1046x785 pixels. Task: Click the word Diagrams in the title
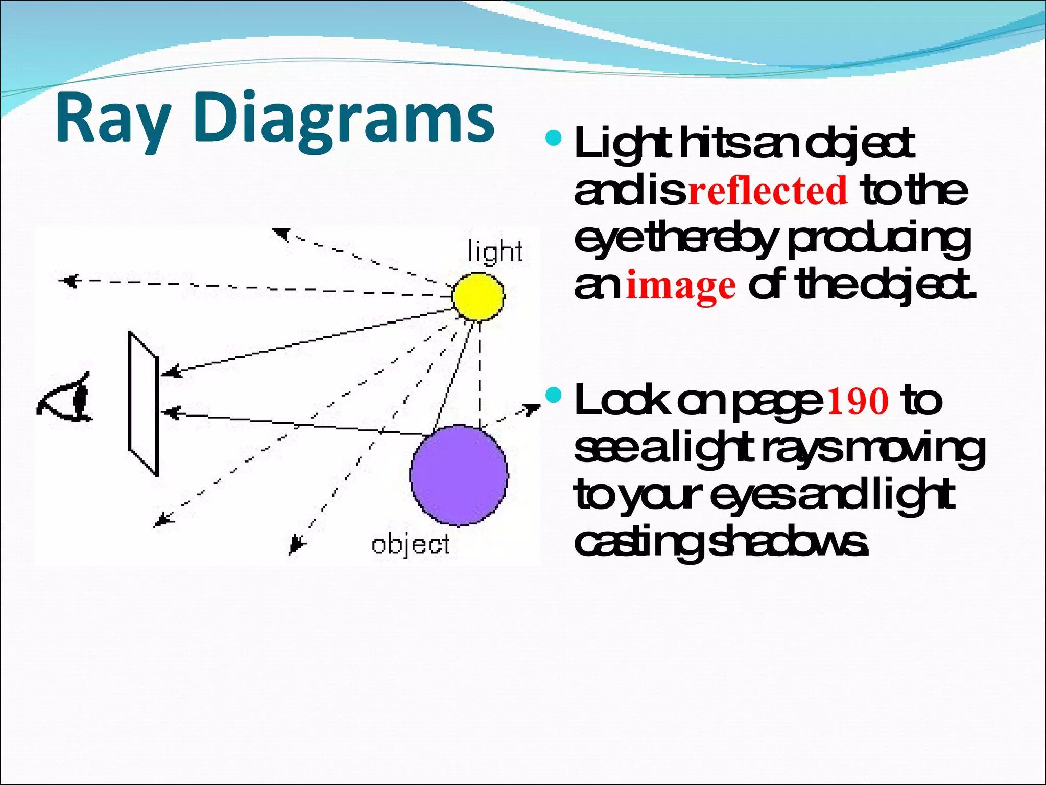click(343, 119)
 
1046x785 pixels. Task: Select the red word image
click(681, 286)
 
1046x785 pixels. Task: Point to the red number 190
click(859, 401)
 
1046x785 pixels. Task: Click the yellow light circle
click(478, 297)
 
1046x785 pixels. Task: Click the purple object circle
click(459, 475)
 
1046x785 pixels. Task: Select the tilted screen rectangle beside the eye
click(142, 404)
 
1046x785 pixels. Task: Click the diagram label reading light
click(495, 251)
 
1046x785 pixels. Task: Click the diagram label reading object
click(411, 545)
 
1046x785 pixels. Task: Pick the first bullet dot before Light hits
click(553, 138)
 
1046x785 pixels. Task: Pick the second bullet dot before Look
click(553, 395)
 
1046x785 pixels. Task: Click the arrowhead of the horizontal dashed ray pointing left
click(67, 281)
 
